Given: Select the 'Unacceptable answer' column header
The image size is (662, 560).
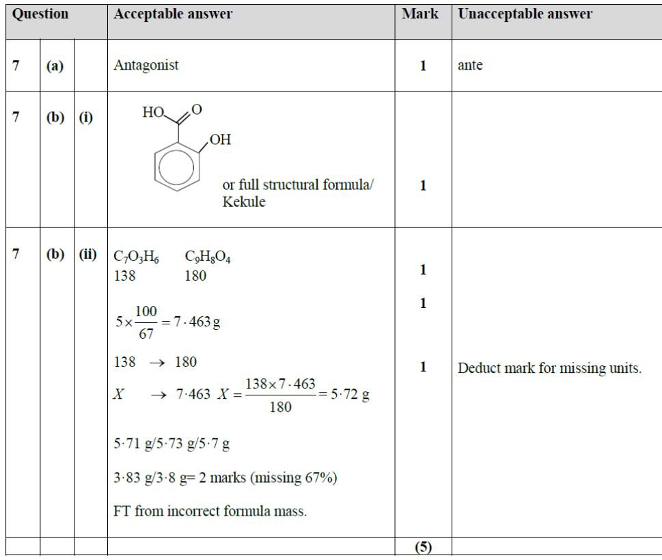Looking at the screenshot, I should click(x=525, y=14).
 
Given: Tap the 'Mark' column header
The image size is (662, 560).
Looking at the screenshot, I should click(x=421, y=14).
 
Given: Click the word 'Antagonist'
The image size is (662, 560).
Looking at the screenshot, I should click(x=146, y=66).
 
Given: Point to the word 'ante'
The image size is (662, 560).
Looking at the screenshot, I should click(x=470, y=66).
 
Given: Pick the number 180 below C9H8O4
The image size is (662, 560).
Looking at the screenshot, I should click(x=195, y=276).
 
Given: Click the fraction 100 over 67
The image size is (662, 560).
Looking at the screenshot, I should click(x=145, y=322).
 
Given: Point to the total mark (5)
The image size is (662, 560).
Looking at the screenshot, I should click(x=424, y=548).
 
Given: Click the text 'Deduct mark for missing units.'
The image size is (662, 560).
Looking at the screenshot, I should click(x=550, y=368).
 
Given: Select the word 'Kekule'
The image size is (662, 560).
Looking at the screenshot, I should click(x=244, y=203).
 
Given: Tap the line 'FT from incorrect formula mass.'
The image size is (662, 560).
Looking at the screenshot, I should click(x=210, y=511).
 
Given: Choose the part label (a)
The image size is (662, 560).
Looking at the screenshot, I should click(x=55, y=66).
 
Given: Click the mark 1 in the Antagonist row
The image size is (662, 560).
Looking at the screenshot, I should click(x=424, y=66).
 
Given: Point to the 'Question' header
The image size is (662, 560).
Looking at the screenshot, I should click(x=41, y=14).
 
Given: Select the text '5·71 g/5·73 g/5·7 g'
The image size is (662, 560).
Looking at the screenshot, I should click(x=171, y=445).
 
